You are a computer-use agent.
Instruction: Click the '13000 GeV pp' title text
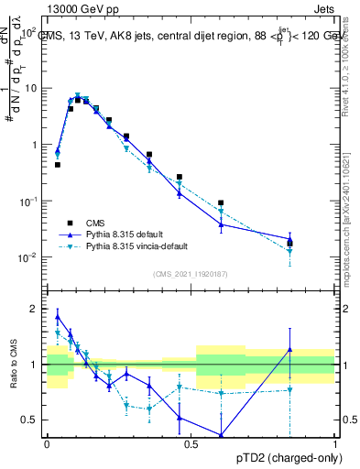tap(80, 7)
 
